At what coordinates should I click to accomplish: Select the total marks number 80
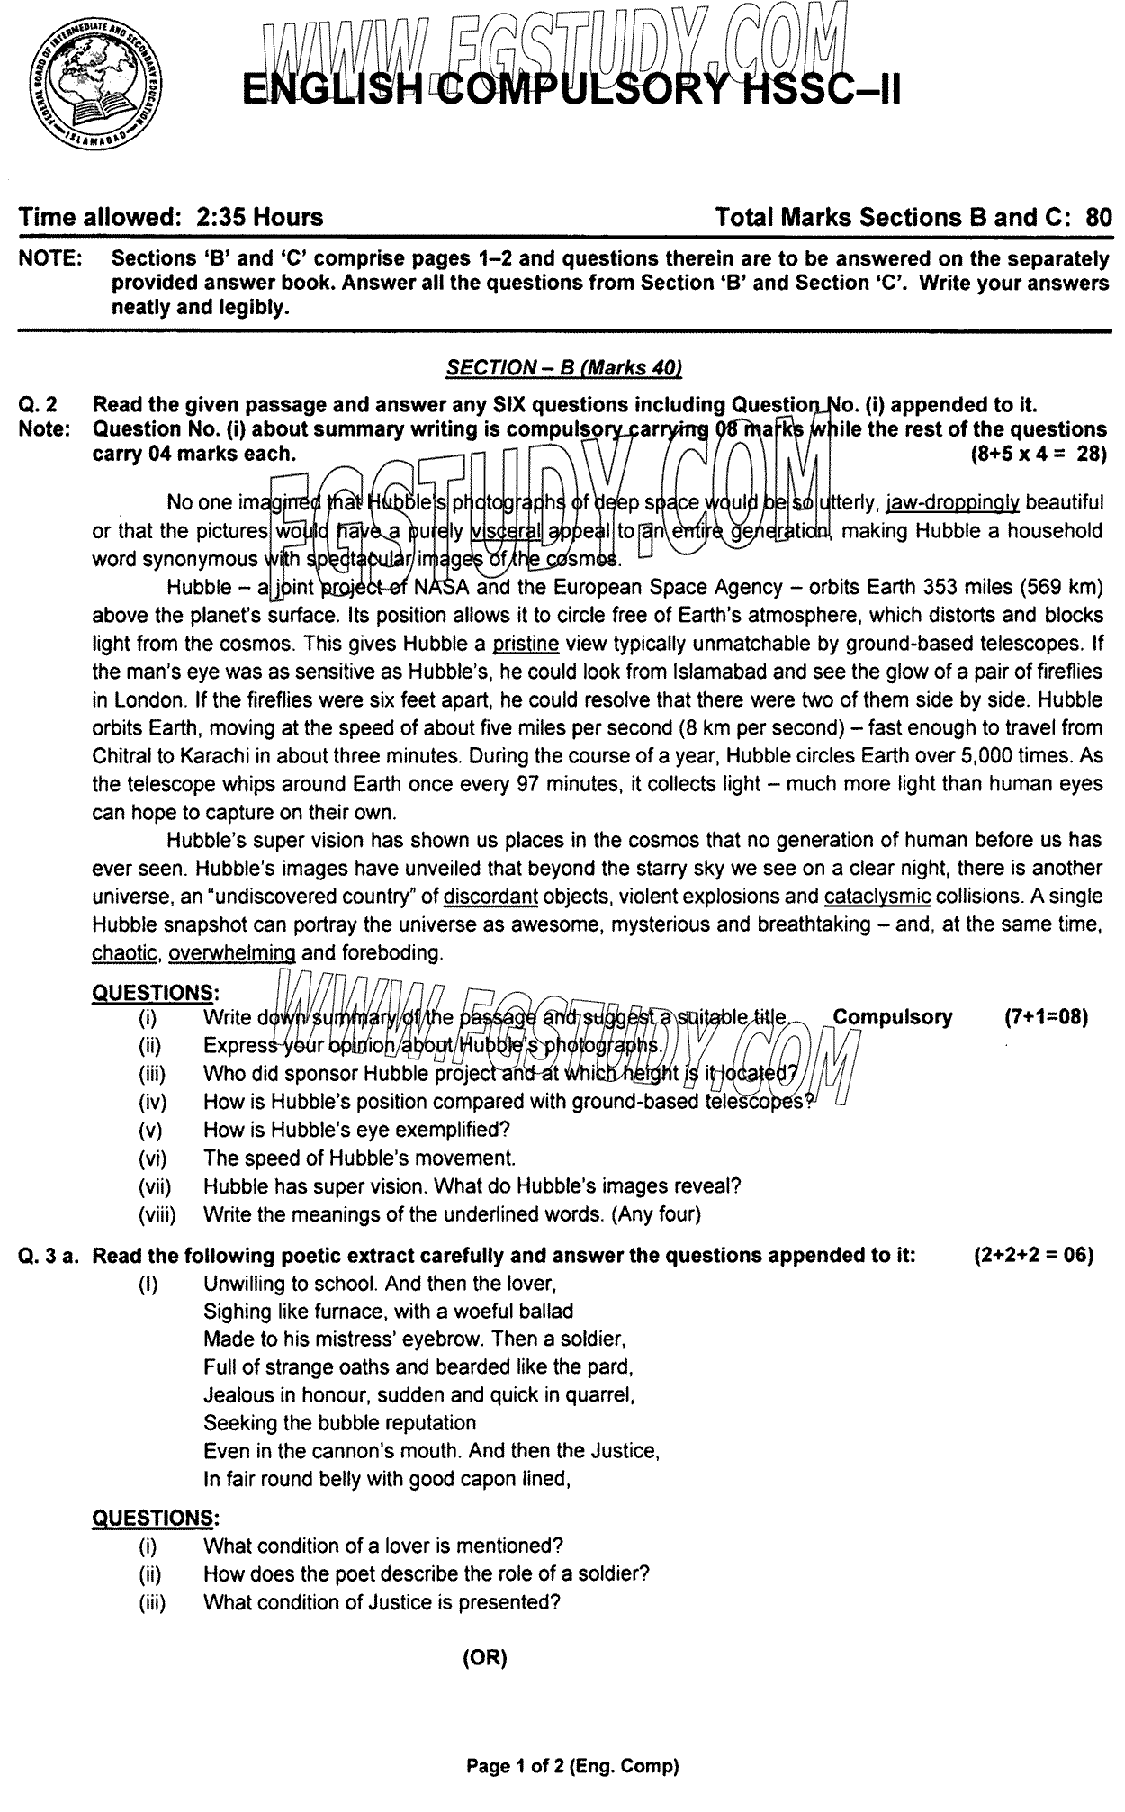(1099, 217)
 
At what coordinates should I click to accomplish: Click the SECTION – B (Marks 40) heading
(564, 367)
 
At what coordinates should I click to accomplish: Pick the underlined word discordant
(490, 897)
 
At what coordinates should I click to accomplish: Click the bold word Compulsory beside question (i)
(892, 1017)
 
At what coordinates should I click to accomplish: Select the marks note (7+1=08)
(1046, 1017)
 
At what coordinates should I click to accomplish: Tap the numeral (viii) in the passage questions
(157, 1214)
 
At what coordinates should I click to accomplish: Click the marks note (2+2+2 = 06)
(1033, 1256)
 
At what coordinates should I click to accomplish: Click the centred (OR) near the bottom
(485, 1659)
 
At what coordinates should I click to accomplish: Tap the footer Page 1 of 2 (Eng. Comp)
(571, 1766)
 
